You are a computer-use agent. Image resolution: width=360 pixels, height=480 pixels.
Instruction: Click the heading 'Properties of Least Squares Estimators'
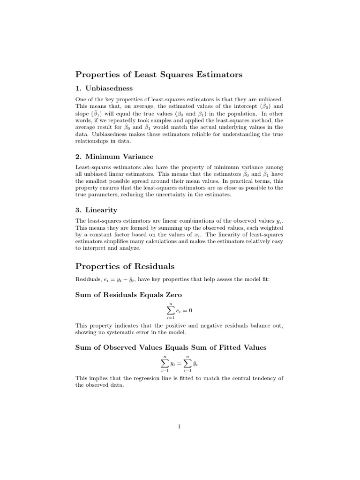tap(158, 74)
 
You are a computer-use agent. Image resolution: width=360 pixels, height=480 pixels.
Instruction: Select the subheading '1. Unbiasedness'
tap(104, 88)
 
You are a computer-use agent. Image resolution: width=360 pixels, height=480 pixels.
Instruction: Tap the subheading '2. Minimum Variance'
tap(114, 156)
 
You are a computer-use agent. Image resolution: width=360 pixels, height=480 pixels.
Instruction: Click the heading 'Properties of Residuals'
tap(125, 266)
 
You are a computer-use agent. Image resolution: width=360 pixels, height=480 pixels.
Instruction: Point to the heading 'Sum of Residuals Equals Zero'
tap(128, 295)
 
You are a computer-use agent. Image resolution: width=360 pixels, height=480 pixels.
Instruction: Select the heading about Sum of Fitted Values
tap(171, 347)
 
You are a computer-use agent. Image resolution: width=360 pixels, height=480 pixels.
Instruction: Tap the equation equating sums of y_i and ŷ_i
tap(180, 363)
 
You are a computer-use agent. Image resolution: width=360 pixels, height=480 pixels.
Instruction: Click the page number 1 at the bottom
tap(180, 426)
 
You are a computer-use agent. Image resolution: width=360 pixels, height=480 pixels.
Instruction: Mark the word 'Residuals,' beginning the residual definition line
tap(88, 279)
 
